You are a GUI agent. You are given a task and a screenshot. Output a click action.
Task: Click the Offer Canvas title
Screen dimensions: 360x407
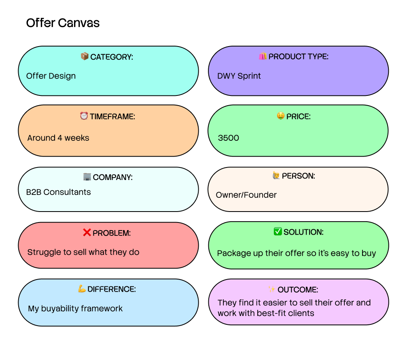coord(63,23)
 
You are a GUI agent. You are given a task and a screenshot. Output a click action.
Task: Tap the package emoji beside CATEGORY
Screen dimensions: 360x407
coord(85,57)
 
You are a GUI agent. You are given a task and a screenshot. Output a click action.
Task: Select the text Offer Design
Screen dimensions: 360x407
coord(51,76)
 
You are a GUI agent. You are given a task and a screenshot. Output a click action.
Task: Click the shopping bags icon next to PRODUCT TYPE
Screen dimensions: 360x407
coord(263,56)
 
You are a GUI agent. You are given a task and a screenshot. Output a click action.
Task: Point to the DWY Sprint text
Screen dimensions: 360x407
coord(239,76)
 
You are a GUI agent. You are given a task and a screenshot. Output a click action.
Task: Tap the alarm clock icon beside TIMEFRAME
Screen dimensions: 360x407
coord(84,116)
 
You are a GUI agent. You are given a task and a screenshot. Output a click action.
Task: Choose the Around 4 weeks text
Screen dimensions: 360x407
coord(58,138)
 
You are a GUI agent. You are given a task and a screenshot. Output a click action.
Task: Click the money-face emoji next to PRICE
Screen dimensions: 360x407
coord(280,116)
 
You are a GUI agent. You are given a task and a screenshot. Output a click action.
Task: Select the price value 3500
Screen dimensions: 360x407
coord(229,138)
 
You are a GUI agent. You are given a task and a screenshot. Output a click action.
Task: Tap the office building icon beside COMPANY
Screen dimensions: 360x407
coord(87,177)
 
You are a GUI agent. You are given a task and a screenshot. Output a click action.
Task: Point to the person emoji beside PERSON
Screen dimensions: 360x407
coord(276,176)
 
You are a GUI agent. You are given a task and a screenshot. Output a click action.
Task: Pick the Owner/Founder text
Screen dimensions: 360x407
coord(246,195)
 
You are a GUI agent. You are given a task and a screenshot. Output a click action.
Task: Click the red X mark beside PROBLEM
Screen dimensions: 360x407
coord(87,233)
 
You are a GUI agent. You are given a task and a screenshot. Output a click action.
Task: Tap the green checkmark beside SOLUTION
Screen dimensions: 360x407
coord(278,232)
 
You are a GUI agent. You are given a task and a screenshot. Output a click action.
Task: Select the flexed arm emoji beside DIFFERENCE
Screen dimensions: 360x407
coord(82,289)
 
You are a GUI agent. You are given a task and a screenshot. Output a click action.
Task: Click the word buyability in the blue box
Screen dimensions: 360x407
coord(60,309)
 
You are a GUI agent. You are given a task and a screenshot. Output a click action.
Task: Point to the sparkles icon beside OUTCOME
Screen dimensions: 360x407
coord(271,289)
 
